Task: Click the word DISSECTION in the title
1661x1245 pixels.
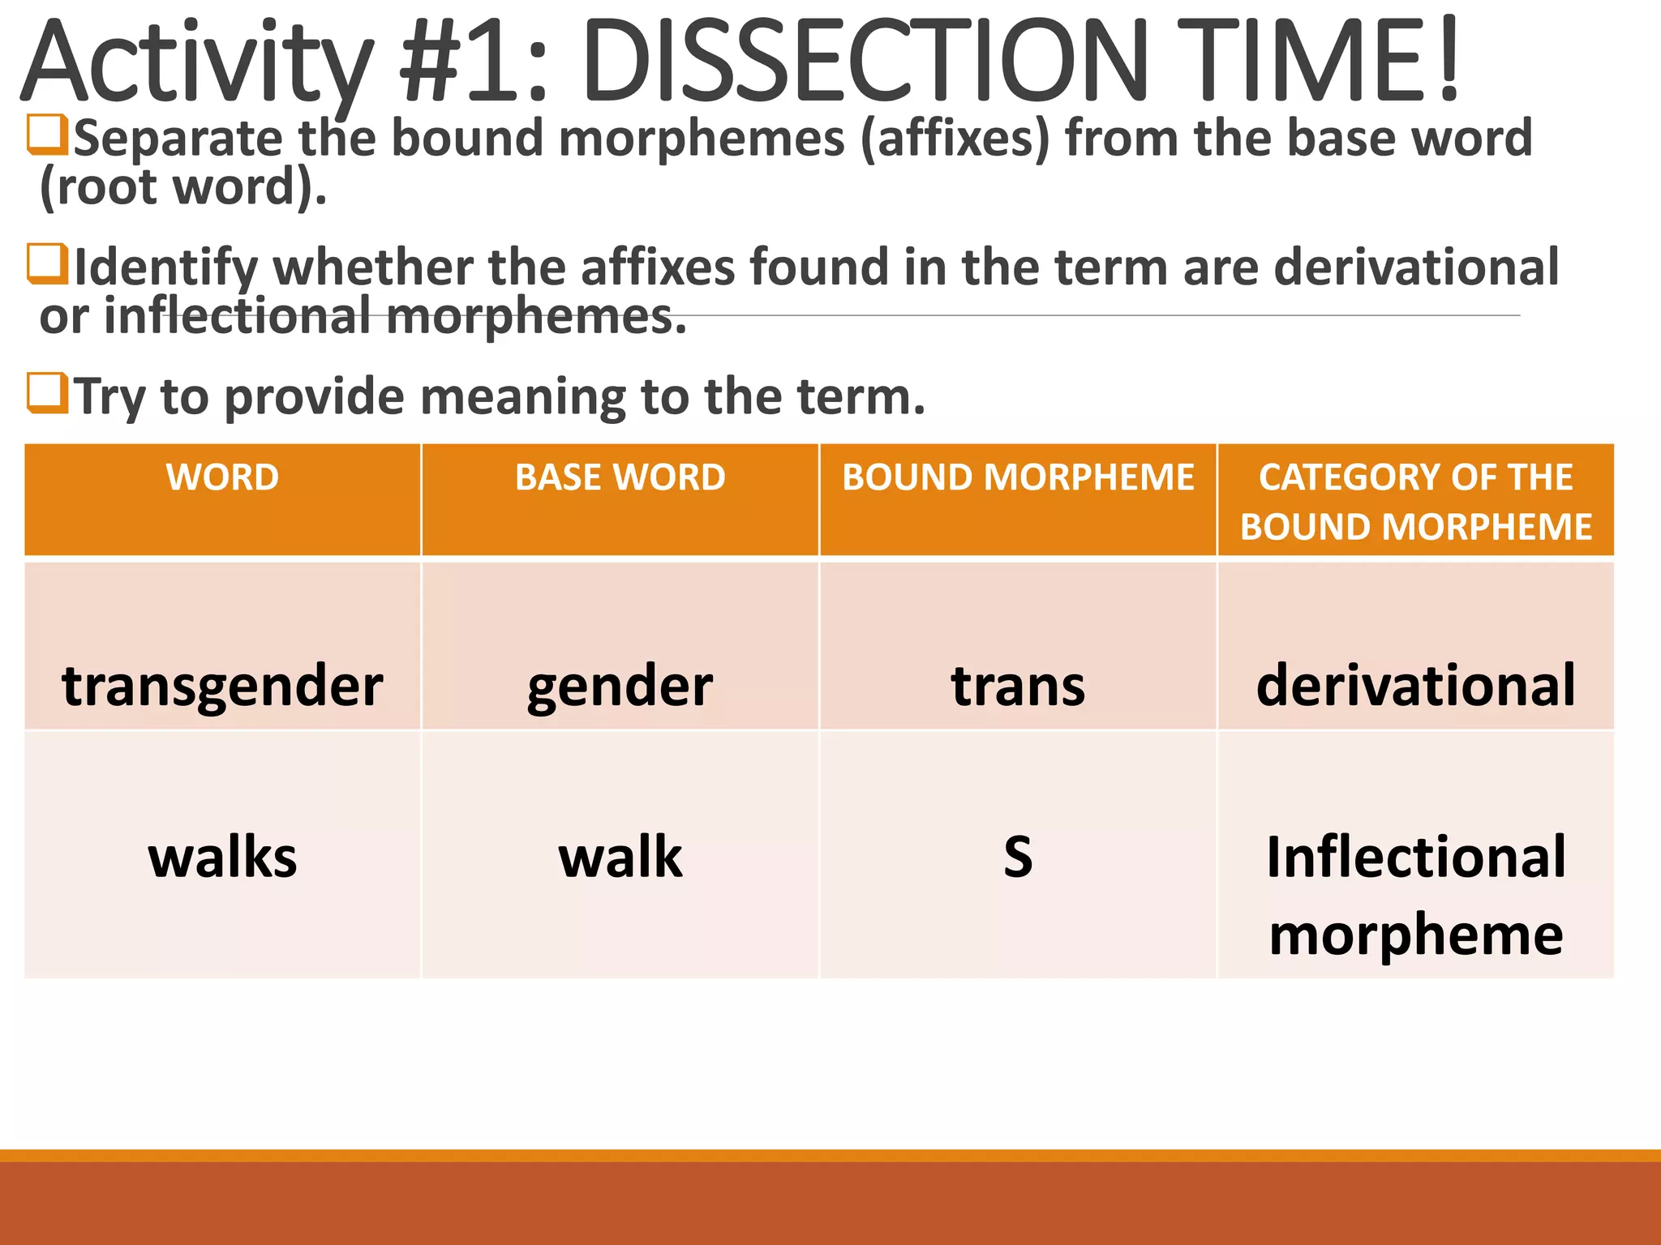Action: pyautogui.click(x=864, y=63)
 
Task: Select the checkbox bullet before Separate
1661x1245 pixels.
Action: pyautogui.click(x=46, y=135)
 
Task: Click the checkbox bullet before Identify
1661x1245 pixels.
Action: pyautogui.click(x=46, y=264)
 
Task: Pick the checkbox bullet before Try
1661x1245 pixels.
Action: pyautogui.click(x=46, y=393)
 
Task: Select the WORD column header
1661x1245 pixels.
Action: pyautogui.click(x=222, y=477)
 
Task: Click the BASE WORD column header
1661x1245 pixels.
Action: pyautogui.click(x=620, y=477)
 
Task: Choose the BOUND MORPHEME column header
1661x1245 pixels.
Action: pyautogui.click(x=1018, y=477)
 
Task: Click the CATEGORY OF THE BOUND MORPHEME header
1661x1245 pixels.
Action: pyautogui.click(x=1415, y=501)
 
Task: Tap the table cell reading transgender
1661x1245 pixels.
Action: pyautogui.click(x=222, y=686)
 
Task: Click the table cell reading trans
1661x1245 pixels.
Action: pyautogui.click(x=1018, y=686)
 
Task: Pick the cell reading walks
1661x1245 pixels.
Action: pyautogui.click(x=222, y=857)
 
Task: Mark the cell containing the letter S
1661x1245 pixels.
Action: pyautogui.click(x=1018, y=857)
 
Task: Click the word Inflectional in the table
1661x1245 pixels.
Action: pyautogui.click(x=1415, y=857)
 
